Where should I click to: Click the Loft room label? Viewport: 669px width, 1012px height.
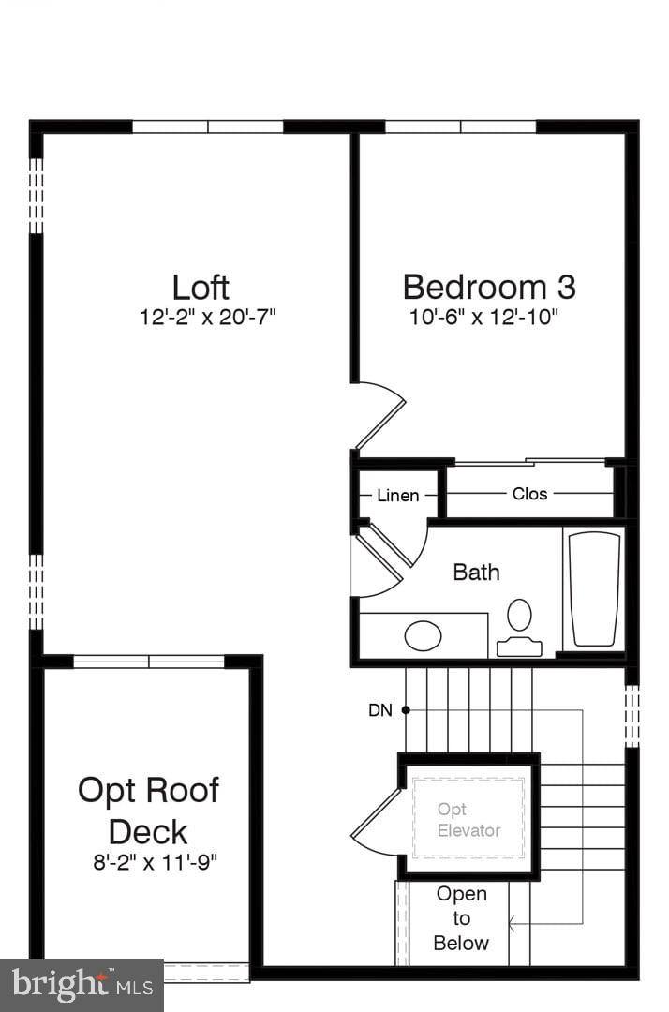pos(201,287)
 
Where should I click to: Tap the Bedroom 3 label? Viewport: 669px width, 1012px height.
pos(488,287)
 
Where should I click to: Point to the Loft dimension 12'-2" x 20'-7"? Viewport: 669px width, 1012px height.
pos(207,318)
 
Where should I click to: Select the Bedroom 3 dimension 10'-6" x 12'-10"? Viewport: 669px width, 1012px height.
pos(483,318)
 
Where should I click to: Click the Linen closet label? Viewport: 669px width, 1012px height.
pos(398,496)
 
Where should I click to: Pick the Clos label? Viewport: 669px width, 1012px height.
pos(529,494)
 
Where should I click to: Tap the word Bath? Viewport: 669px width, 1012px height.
pos(476,572)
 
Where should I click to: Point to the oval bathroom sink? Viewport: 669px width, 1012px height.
pos(423,635)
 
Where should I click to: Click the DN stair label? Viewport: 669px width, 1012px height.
pos(379,710)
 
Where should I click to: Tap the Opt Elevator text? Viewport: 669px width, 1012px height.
pos(468,820)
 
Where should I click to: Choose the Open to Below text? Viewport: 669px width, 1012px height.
pos(461,918)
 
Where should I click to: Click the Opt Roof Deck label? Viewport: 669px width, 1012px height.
pos(148,811)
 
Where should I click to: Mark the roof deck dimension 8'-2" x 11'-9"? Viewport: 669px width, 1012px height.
pos(154,863)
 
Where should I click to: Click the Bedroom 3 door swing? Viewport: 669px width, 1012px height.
pos(380,412)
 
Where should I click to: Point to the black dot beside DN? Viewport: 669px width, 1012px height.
pos(406,709)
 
